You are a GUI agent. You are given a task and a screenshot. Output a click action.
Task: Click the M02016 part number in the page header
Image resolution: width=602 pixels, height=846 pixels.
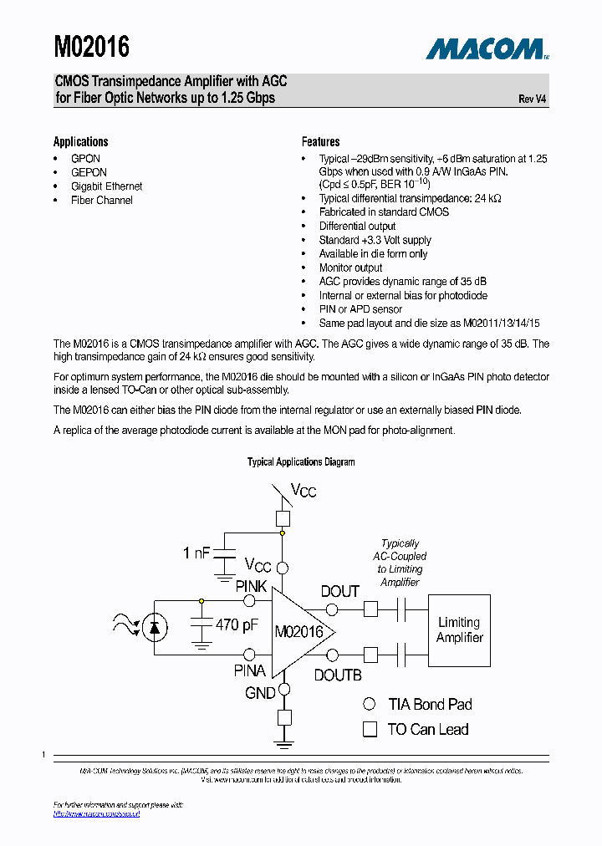92,47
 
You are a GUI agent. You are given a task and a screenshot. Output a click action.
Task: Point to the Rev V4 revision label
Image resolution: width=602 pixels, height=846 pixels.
533,99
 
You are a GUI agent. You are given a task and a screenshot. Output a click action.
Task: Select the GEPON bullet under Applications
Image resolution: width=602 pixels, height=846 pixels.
89,172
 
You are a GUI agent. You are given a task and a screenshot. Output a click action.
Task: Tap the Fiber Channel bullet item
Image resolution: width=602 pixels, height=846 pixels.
101,200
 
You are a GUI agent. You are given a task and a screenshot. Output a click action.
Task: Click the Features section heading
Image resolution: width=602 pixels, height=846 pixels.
320,141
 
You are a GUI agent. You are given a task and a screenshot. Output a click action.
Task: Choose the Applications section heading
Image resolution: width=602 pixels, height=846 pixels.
80,141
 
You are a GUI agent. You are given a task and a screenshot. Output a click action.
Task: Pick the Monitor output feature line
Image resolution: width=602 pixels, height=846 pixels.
350,268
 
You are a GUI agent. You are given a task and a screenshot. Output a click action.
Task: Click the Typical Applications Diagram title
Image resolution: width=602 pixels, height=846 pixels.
301,461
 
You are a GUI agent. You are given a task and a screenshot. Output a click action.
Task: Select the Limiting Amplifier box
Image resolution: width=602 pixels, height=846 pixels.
459,629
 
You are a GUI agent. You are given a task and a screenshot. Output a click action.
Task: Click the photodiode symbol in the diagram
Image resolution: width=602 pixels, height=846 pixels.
155,625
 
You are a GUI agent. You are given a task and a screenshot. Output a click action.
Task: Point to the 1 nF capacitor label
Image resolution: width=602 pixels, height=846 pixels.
197,553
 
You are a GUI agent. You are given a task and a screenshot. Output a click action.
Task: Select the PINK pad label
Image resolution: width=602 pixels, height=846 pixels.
251,586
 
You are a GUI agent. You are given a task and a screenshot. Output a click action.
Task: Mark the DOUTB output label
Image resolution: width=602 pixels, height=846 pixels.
338,675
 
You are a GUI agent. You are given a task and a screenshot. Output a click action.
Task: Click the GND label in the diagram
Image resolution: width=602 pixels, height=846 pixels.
260,693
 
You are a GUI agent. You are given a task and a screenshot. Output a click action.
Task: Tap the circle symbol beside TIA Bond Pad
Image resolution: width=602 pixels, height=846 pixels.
369,705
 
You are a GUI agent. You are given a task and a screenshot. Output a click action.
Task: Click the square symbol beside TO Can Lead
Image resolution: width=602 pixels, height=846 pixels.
369,729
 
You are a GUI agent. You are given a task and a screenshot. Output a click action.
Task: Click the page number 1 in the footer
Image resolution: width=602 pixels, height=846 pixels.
43,755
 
